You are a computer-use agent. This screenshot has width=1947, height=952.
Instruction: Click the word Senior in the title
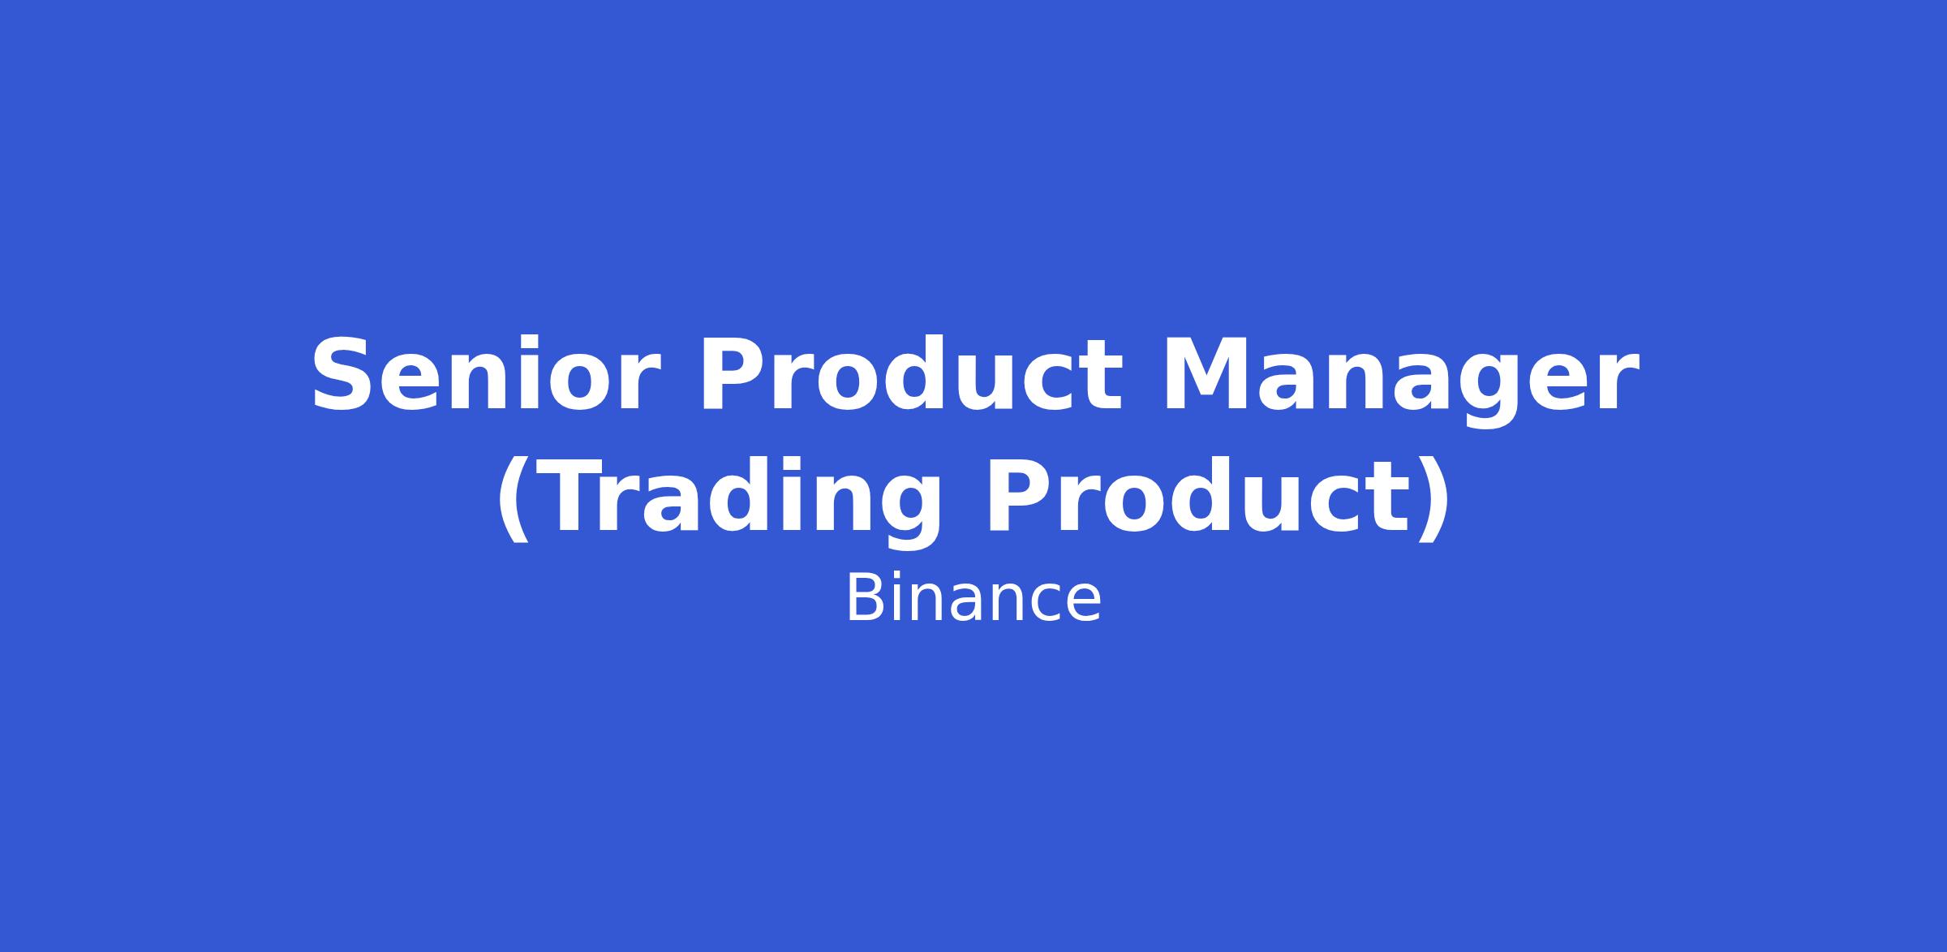click(x=484, y=375)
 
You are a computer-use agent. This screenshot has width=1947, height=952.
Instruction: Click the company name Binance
click(x=973, y=599)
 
